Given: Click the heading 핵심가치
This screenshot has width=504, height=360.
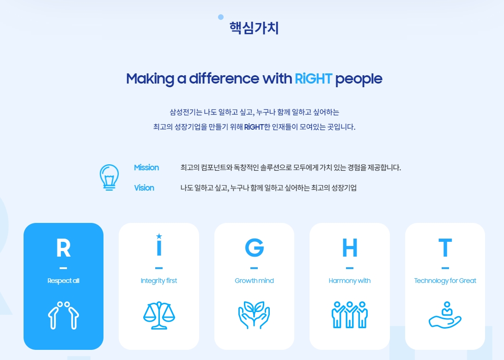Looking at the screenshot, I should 254,28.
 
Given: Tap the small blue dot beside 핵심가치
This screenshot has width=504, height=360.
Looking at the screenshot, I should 221,17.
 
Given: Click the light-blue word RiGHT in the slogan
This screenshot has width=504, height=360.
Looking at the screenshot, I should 313,79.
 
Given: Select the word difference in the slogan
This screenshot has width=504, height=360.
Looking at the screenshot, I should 224,79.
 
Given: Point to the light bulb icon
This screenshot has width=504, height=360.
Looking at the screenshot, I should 109,177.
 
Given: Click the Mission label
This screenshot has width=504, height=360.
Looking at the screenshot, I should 146,168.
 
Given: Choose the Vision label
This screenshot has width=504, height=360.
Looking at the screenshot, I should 144,188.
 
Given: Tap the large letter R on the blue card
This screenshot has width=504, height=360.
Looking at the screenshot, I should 63,248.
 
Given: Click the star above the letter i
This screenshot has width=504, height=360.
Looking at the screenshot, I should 159,236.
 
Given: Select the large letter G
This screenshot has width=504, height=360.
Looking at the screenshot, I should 254,248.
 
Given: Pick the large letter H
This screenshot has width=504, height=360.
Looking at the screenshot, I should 350,248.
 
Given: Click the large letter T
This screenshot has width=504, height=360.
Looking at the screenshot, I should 445,248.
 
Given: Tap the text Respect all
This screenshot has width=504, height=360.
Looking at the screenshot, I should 63,281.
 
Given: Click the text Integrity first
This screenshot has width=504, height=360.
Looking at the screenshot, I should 159,281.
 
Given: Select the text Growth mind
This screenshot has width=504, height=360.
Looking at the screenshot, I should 254,281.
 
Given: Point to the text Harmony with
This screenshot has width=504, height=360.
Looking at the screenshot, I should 350,281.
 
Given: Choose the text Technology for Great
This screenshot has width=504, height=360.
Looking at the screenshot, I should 445,281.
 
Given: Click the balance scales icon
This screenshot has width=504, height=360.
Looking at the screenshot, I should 159,315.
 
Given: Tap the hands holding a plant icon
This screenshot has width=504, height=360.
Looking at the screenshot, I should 254,315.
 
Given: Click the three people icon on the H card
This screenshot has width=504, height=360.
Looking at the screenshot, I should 350,315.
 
